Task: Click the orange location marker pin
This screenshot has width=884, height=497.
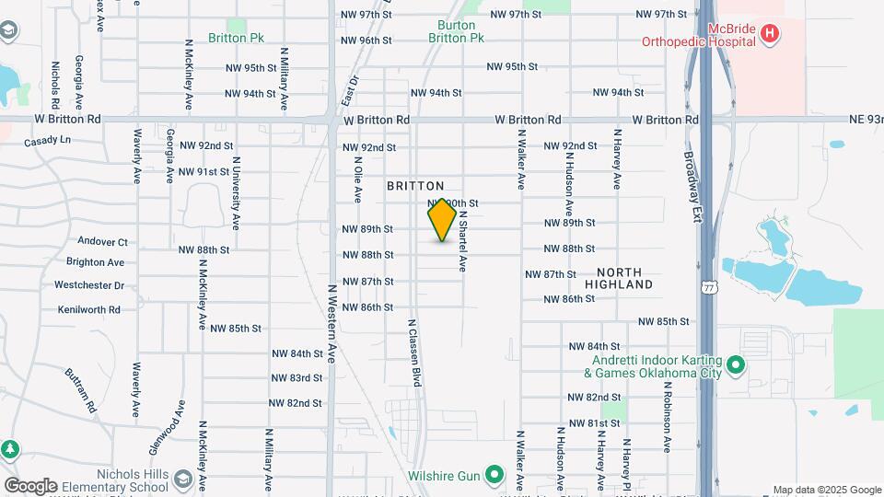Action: point(442,220)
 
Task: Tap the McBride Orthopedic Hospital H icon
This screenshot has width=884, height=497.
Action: point(771,35)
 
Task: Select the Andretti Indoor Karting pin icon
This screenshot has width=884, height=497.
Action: point(736,366)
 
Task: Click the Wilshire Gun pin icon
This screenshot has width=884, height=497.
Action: point(494,476)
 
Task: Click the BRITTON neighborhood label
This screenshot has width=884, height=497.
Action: point(415,186)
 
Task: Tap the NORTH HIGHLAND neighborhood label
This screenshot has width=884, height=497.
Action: point(625,279)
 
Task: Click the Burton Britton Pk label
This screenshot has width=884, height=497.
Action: point(456,32)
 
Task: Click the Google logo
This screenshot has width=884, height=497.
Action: point(30,485)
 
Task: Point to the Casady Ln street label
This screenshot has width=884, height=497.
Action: point(47,141)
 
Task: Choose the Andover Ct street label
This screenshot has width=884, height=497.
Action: point(102,242)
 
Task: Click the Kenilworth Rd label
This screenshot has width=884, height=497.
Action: point(87,310)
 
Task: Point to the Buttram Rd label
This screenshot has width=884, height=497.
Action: point(80,390)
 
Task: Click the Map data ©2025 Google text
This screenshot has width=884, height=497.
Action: point(826,490)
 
